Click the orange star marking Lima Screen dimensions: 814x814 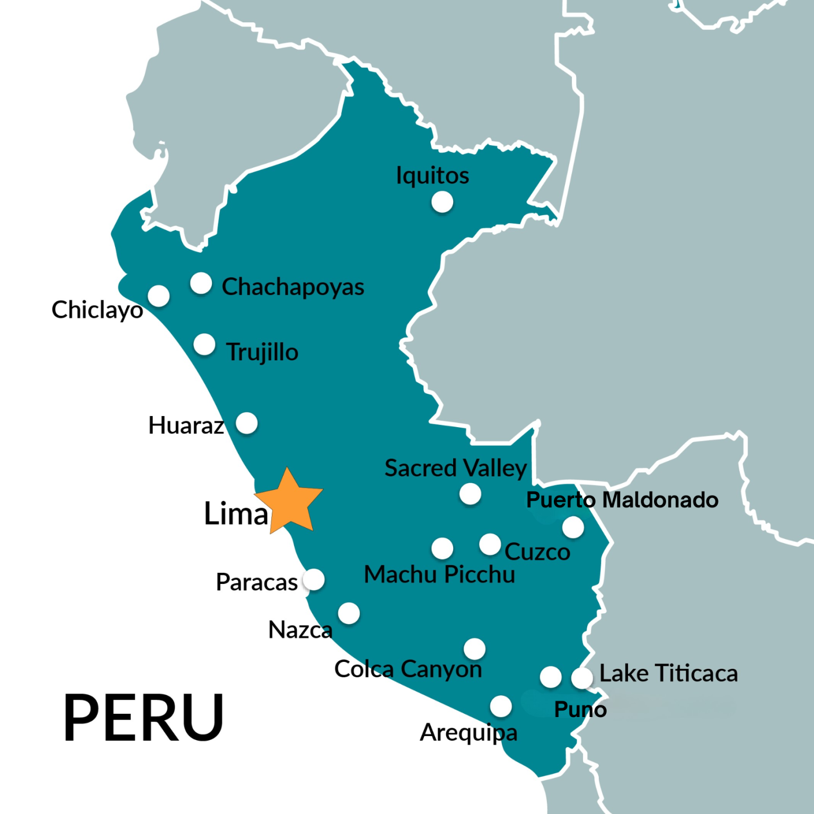(x=289, y=502)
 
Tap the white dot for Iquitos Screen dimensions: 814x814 (x=442, y=202)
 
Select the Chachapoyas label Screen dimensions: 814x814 (x=293, y=287)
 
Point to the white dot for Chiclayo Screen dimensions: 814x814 (x=158, y=296)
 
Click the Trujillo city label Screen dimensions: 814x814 (x=262, y=352)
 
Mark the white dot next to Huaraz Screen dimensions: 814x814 (x=246, y=423)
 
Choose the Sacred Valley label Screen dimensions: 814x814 (x=455, y=468)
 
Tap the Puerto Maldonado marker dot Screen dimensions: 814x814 (x=573, y=527)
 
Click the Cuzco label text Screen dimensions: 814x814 (x=537, y=552)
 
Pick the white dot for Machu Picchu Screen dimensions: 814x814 (x=442, y=548)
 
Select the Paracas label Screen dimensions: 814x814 (x=256, y=582)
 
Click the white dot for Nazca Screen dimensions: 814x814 (x=349, y=613)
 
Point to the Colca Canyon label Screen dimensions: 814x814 (x=408, y=669)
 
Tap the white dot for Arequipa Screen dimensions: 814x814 (x=500, y=706)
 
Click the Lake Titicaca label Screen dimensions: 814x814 (x=668, y=674)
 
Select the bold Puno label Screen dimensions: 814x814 (x=580, y=710)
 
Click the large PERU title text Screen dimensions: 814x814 (x=144, y=718)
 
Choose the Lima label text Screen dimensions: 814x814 (x=236, y=514)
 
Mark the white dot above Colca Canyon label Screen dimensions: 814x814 (x=474, y=649)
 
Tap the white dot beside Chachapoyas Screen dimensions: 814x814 (x=201, y=284)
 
